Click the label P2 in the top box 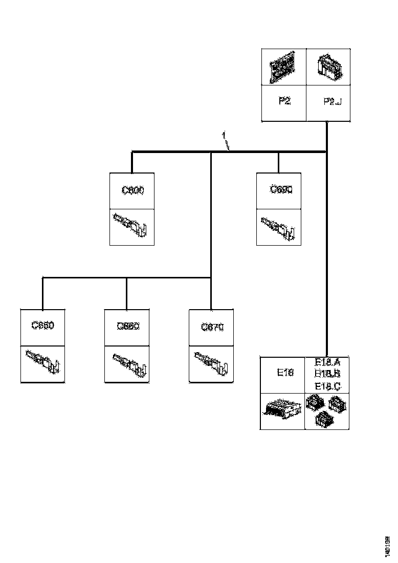[x=284, y=101]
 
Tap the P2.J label [x=333, y=101]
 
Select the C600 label [x=132, y=190]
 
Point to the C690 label [x=280, y=190]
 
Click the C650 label [x=42, y=325]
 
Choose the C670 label [x=212, y=326]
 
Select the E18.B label [x=328, y=374]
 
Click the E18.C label [x=328, y=385]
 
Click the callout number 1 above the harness [x=224, y=135]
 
